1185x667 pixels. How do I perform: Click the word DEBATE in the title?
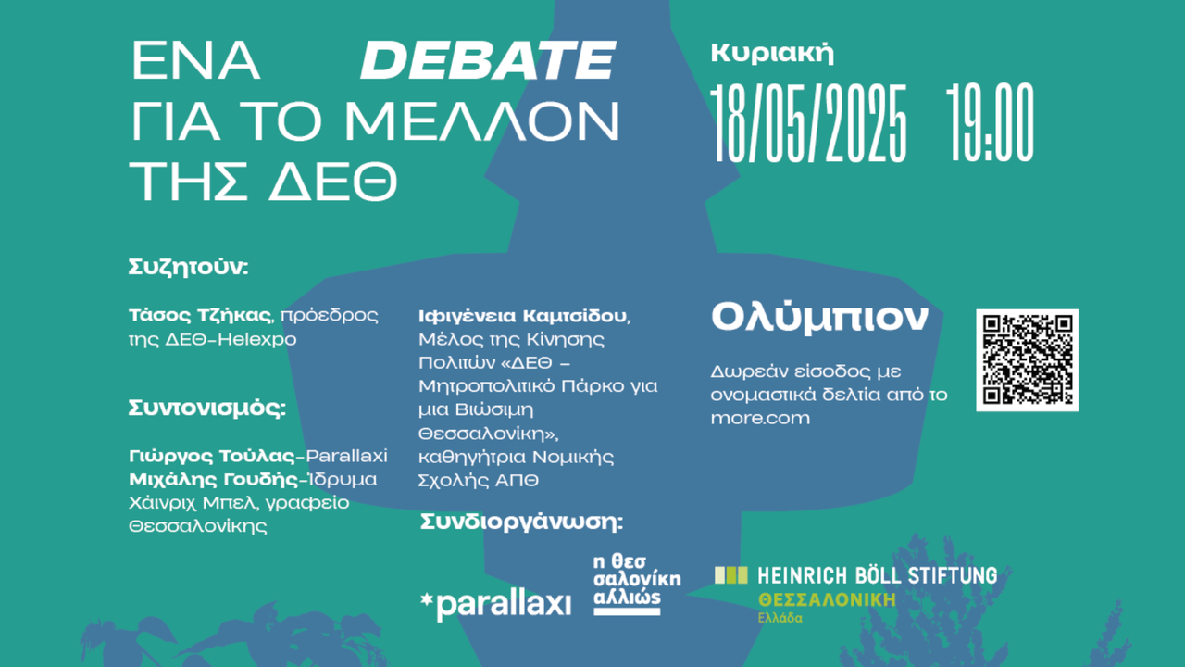pos(487,62)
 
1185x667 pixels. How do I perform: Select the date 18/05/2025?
pos(809,124)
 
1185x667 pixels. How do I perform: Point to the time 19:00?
pos(990,124)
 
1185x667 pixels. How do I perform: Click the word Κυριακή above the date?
pos(772,53)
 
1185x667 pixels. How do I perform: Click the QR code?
pos(1027,359)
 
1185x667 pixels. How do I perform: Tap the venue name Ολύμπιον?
pos(818,318)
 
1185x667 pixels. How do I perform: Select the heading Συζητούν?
pos(189,268)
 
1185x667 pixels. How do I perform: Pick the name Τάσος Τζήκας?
pos(195,315)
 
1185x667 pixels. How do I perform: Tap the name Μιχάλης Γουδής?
pos(211,479)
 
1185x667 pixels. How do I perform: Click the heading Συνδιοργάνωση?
pos(521,522)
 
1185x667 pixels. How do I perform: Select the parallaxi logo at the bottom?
pos(495,604)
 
